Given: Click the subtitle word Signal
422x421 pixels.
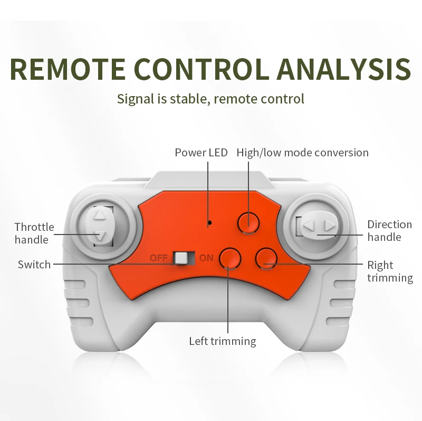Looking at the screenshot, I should pyautogui.click(x=135, y=98).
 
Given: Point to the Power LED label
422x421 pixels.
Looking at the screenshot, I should pyautogui.click(x=201, y=153).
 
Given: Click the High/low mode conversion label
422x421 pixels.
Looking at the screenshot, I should pyautogui.click(x=302, y=153).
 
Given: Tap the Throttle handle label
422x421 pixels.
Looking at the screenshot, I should pyautogui.click(x=34, y=233).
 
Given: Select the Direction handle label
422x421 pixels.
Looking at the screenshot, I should pyautogui.click(x=389, y=230).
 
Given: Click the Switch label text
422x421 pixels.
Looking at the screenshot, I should pyautogui.click(x=34, y=264).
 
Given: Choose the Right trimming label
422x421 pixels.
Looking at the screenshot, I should pyautogui.click(x=390, y=271).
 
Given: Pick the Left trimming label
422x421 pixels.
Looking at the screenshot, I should pyautogui.click(x=222, y=341).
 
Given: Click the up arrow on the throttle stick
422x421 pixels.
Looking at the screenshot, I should pyautogui.click(x=99, y=216).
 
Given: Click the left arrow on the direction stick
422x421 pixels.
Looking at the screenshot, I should pyautogui.click(x=309, y=227).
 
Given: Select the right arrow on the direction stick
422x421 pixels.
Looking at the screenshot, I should pyautogui.click(x=330, y=227).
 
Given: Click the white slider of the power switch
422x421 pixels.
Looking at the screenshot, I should pyautogui.click(x=181, y=258).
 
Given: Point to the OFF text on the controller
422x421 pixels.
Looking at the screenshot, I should pyautogui.click(x=158, y=258).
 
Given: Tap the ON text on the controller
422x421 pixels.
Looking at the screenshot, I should pyautogui.click(x=206, y=258).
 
